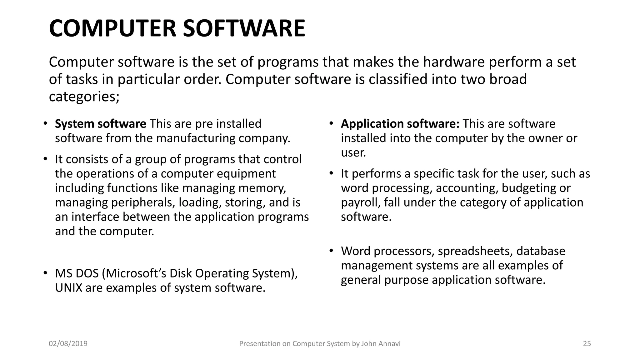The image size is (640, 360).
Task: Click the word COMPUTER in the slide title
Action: point(113,28)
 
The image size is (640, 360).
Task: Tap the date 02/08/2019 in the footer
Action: point(68,344)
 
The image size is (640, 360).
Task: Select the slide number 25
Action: point(587,344)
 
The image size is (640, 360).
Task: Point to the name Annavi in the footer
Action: point(389,344)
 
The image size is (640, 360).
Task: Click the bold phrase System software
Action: point(100,124)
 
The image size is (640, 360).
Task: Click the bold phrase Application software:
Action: point(400,124)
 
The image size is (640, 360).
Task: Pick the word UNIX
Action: point(68,288)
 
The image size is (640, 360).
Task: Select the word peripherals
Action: point(143,202)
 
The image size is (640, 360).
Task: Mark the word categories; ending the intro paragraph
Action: point(84,97)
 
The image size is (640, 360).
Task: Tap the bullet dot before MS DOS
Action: point(45,273)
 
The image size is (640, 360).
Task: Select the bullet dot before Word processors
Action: point(331,251)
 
